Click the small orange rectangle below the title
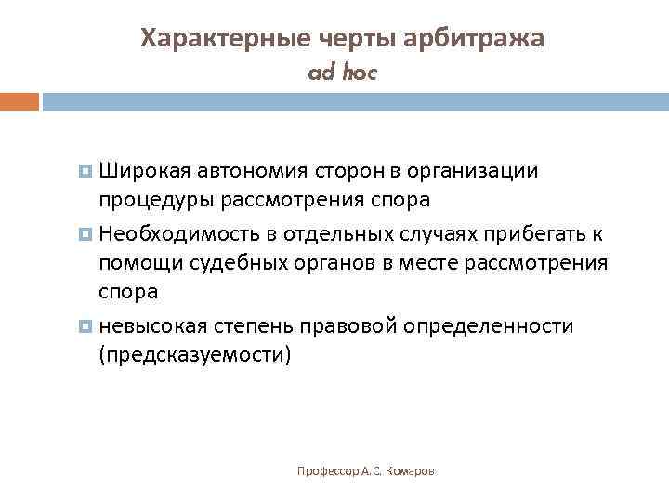[19, 100]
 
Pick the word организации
[470, 171]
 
